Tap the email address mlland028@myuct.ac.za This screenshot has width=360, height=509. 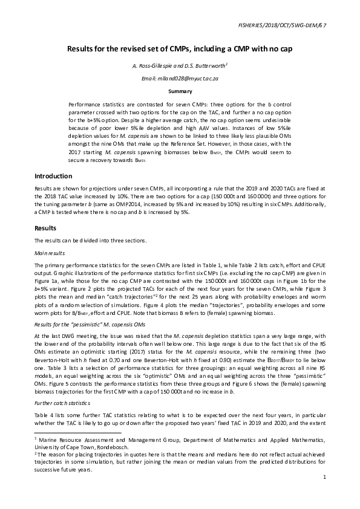180,79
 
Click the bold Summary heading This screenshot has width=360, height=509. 180,92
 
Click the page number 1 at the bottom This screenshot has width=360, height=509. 324,478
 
